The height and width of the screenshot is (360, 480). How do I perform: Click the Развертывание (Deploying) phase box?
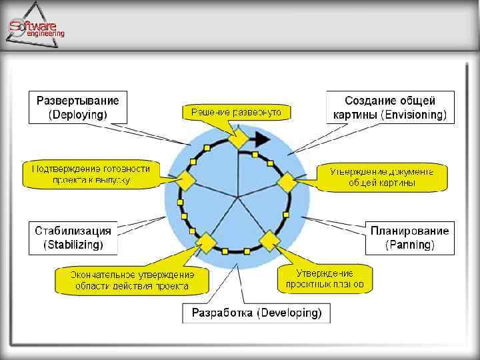pos(78,107)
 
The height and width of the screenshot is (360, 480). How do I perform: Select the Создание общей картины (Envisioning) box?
pos(390,107)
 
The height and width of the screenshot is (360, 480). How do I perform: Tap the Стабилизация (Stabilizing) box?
pos(73,237)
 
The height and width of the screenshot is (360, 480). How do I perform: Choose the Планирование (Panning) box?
pos(410,237)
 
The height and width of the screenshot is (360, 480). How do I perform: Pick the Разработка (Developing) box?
pos(257,313)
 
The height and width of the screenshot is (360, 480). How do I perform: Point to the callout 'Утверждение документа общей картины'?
pos(382,176)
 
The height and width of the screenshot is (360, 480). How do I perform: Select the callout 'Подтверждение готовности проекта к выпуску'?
pos(91,174)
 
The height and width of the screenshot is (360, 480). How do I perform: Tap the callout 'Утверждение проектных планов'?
pos(325,279)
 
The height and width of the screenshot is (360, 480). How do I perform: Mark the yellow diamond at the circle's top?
pos(238,140)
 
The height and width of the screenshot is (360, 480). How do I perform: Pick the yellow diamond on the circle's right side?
pos(286,181)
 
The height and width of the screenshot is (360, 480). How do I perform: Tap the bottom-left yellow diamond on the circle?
pos(206,242)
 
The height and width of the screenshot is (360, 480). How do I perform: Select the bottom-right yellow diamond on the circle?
pos(270,240)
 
